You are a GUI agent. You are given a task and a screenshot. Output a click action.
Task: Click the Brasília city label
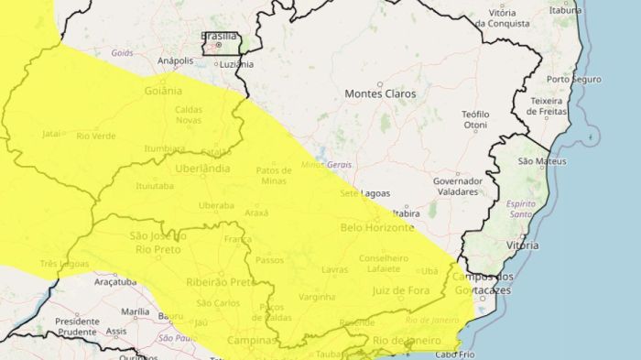220,36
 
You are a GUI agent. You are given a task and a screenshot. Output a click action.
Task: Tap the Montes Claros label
380,94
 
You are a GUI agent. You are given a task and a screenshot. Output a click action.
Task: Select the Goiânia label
164,91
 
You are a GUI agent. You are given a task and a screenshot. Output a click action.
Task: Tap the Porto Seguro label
574,79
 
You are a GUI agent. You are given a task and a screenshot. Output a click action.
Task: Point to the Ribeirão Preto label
221,282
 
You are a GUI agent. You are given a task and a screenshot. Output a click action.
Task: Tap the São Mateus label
538,161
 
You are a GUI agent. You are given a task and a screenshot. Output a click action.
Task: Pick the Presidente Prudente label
77,327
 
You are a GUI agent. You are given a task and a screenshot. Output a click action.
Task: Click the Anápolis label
176,61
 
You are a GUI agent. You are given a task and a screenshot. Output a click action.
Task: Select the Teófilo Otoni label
475,120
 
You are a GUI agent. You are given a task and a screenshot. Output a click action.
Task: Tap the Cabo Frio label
457,355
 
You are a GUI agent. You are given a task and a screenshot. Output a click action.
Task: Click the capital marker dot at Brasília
218,45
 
